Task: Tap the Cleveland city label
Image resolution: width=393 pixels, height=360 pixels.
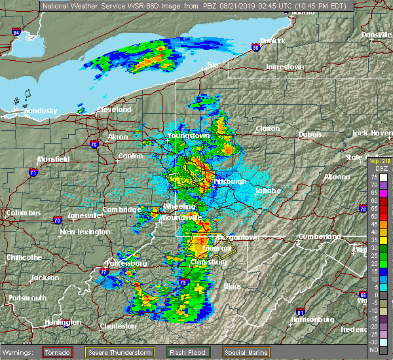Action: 114,109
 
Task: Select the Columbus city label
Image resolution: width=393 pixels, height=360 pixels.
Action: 24,213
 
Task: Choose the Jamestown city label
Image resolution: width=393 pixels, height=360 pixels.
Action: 284,67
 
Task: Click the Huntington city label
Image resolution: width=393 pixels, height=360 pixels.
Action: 64,323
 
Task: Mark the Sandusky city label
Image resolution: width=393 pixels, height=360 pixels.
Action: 41,111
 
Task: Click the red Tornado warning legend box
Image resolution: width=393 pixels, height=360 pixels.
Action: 57,352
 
